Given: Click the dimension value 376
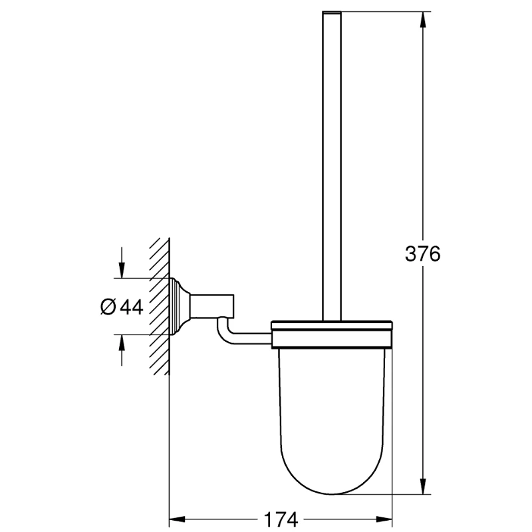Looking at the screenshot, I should pyautogui.click(x=422, y=254).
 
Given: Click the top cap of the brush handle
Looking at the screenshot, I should pyautogui.click(x=331, y=13).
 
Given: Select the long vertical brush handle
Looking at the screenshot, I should pyautogui.click(x=331, y=166).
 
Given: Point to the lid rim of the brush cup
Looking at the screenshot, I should pyautogui.click(x=331, y=327).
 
